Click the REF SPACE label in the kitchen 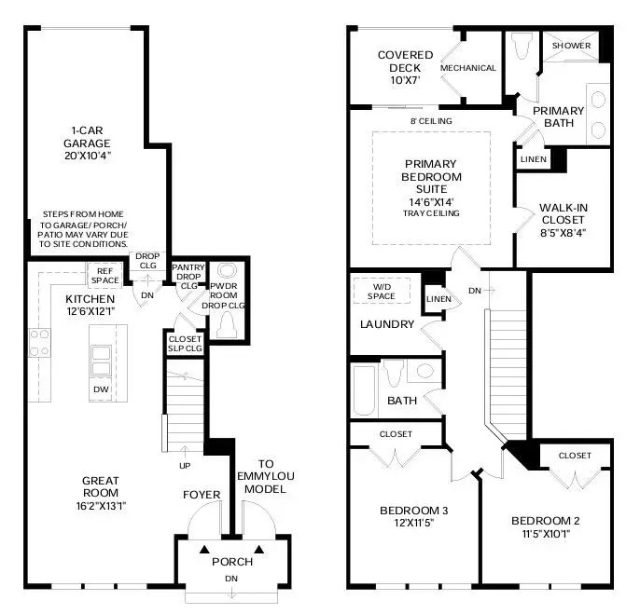[x=103, y=275]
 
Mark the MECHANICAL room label [x=468, y=68]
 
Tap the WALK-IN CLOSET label [x=563, y=213]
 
